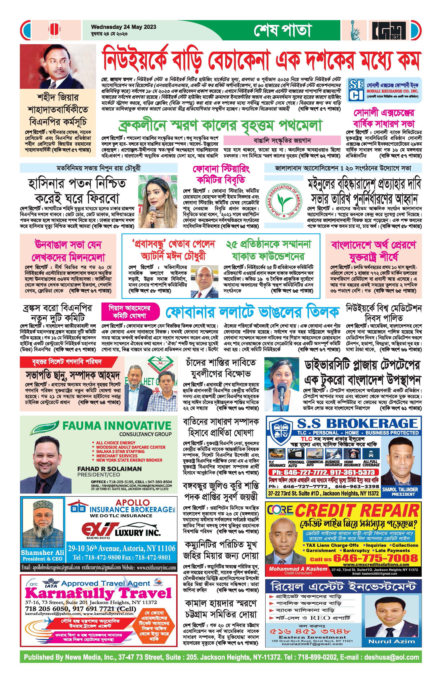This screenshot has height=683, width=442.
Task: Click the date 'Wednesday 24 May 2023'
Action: click(123, 27)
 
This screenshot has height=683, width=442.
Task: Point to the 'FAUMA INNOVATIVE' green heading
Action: click(117, 425)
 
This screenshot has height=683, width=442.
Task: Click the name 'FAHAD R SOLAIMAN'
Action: click(109, 469)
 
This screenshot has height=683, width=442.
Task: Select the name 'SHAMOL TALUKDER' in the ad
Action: click(400, 489)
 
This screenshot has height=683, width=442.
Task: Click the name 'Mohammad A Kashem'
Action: click(298, 568)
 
